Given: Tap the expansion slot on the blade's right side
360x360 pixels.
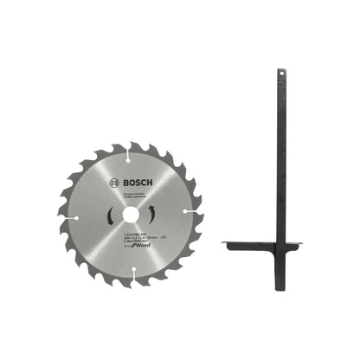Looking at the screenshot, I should (184, 209).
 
